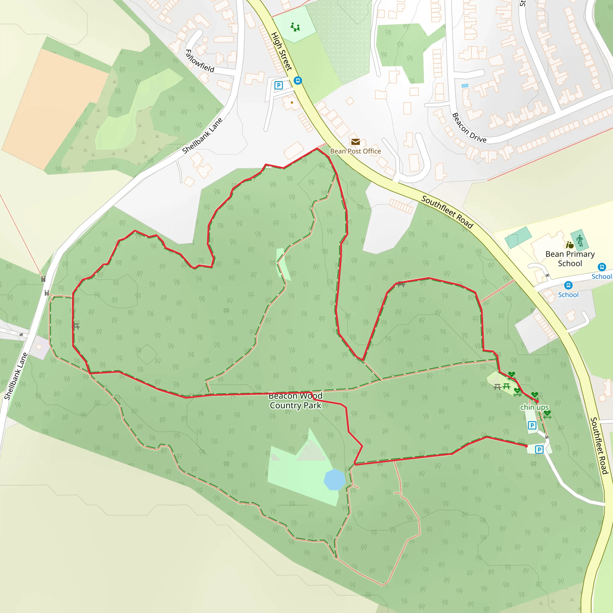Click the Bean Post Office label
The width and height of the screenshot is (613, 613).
355,151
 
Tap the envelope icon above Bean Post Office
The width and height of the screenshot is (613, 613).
355,142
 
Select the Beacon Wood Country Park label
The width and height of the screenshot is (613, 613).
295,401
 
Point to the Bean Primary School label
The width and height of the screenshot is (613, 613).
570,259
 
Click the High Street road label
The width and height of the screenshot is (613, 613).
281,51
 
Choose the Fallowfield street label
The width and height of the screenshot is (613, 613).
200,61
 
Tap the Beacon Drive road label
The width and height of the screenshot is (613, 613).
469,128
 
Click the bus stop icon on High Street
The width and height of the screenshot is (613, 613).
298,81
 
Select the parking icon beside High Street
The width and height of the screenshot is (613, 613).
279,85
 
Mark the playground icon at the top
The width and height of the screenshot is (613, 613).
295,27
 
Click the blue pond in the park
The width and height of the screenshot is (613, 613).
334,480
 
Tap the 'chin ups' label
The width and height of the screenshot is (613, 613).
534,407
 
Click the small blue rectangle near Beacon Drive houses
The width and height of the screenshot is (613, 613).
465,86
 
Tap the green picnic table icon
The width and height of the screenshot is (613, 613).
507,386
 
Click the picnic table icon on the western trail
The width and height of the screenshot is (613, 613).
76,326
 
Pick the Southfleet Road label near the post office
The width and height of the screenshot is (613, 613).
447,212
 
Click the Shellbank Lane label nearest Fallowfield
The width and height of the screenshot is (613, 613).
202,136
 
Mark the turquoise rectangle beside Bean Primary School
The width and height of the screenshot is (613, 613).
518,237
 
